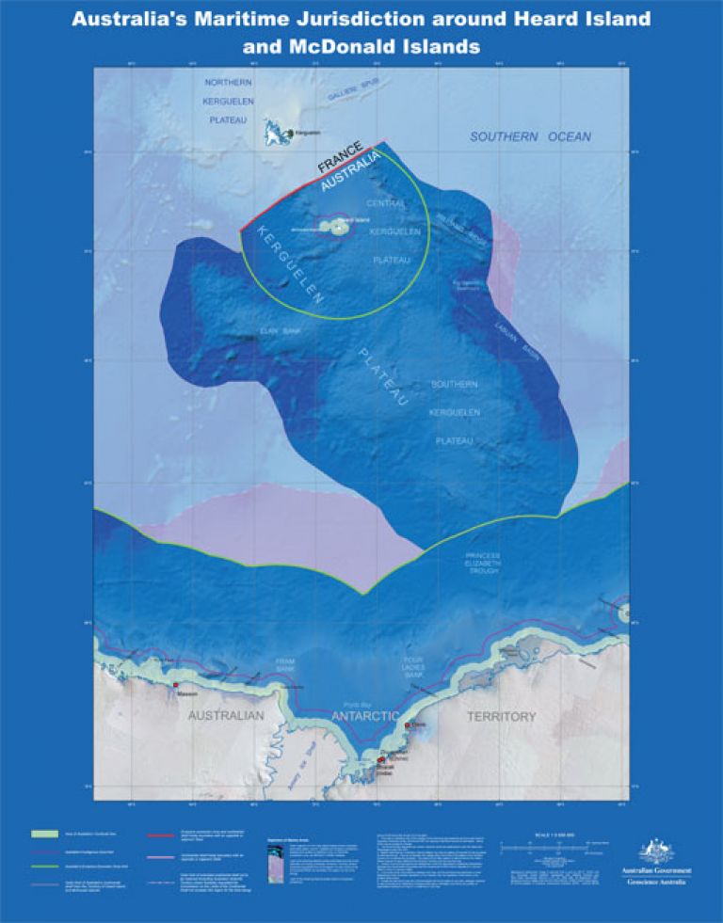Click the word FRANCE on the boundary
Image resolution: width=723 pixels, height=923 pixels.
click(340, 157)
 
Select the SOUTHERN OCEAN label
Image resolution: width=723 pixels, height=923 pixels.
click(531, 137)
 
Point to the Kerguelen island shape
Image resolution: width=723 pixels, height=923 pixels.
click(275, 133)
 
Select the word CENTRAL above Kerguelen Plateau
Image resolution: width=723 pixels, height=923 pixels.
click(386, 203)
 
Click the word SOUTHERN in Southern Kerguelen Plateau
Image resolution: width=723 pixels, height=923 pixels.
click(455, 385)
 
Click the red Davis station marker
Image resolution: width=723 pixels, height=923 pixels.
click(408, 725)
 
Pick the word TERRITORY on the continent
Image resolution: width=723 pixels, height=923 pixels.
click(502, 717)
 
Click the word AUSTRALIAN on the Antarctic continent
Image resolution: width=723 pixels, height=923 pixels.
click(226, 716)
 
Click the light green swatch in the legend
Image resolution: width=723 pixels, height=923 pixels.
click(45, 834)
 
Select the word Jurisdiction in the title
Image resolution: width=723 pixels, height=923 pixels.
click(361, 18)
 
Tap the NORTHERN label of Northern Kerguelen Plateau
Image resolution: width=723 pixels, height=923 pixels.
click(226, 82)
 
